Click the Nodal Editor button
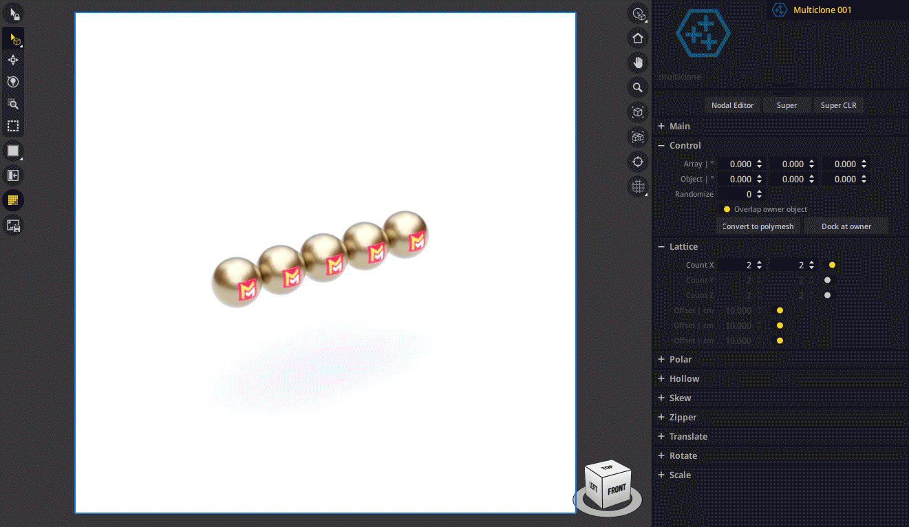(732, 105)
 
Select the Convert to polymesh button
(758, 226)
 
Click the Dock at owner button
(846, 226)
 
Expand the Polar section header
(680, 359)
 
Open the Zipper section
(683, 417)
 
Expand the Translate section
(688, 436)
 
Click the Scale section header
(680, 475)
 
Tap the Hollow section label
(684, 378)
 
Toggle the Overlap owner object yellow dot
(727, 209)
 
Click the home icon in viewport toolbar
(638, 38)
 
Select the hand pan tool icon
(638, 63)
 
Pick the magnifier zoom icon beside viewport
(638, 87)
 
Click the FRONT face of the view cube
(617, 490)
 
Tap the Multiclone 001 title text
(822, 10)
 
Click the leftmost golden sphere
(236, 280)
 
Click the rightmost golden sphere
(406, 234)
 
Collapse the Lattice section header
(683, 246)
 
